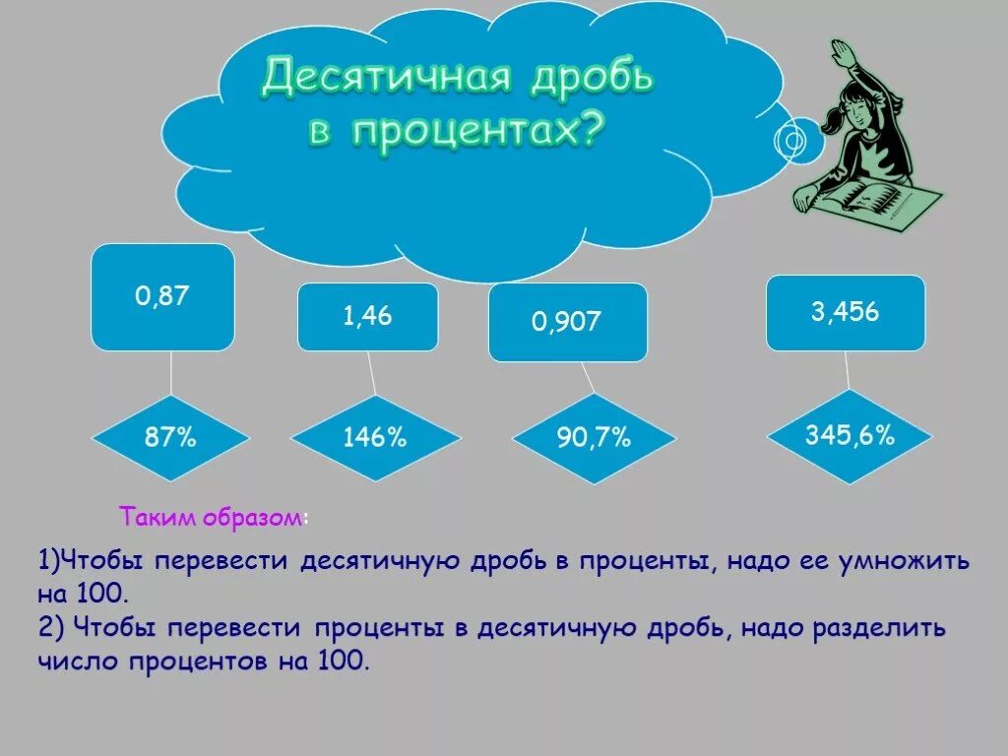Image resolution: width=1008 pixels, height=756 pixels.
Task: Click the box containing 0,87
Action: coord(162,297)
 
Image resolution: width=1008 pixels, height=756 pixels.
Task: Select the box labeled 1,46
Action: coord(367,317)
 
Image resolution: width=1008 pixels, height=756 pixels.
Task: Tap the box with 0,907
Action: coord(567,322)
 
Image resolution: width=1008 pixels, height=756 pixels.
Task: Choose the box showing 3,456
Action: coord(845,313)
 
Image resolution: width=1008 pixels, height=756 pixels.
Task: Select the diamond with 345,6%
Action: coord(849,435)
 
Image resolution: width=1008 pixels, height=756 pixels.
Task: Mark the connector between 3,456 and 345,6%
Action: coord(847,370)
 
